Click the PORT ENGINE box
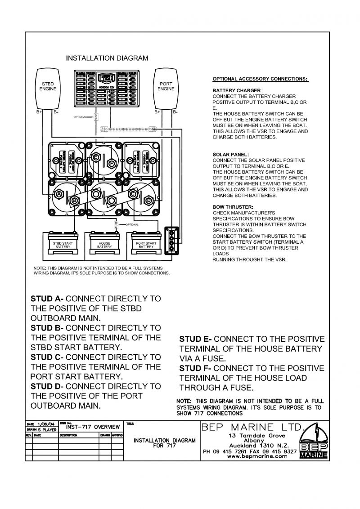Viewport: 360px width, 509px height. [x=166, y=88]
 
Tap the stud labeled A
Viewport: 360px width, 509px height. [x=58, y=194]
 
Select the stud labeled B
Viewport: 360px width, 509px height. [x=75, y=199]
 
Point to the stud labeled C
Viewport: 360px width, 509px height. [x=133, y=194]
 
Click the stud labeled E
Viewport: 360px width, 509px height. [x=95, y=157]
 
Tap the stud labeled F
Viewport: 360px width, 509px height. [x=112, y=164]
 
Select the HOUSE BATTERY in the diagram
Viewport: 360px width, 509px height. [x=104, y=245]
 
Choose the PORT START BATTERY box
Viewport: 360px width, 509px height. [x=146, y=245]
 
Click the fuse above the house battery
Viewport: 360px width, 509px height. [x=116, y=224]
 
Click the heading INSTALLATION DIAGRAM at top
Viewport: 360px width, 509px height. [x=107, y=58]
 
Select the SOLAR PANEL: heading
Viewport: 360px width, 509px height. [x=230, y=154]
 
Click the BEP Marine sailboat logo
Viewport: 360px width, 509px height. [x=314, y=441]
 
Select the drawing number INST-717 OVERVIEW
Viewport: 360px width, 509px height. [x=93, y=427]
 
